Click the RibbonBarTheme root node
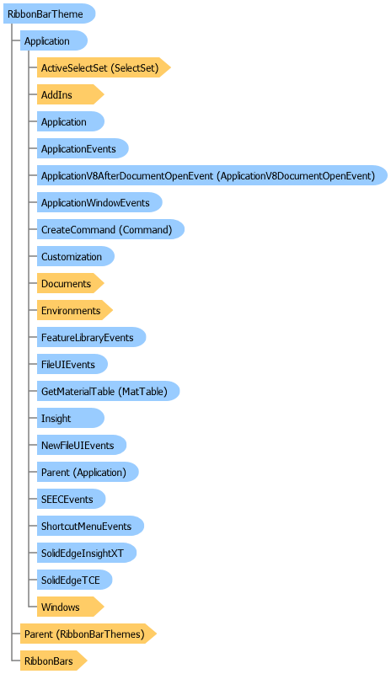(x=49, y=13)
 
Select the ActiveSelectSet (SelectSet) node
(x=104, y=67)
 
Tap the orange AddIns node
(x=71, y=94)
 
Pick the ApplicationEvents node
(x=83, y=149)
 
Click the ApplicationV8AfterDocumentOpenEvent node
(x=212, y=175)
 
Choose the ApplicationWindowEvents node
(x=99, y=202)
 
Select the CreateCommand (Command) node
(x=110, y=229)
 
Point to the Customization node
(x=76, y=257)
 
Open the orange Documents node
(x=71, y=284)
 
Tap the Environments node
(x=75, y=310)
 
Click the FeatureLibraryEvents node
(x=92, y=338)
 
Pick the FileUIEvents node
(x=72, y=365)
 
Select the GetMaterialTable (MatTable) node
(x=108, y=391)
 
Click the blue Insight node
(x=71, y=418)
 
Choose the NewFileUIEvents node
(x=82, y=446)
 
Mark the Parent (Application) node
(x=88, y=472)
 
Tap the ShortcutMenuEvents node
(x=90, y=526)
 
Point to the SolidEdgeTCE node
(x=75, y=580)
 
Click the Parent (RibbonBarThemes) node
(x=88, y=634)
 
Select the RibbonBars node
(x=54, y=661)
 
